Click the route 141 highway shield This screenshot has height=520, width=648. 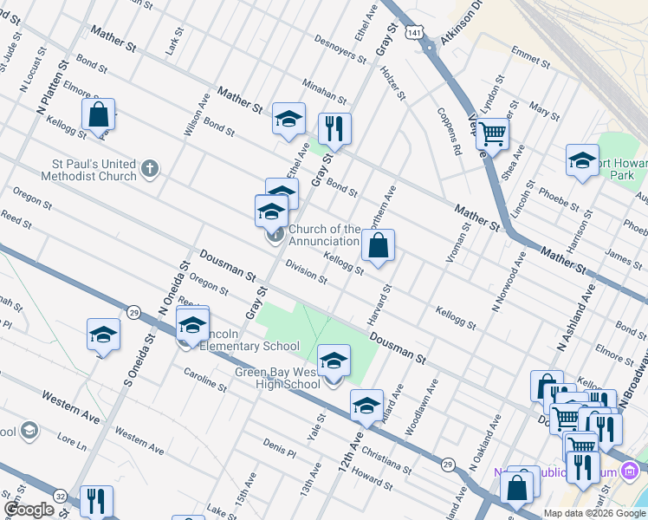coord(418,32)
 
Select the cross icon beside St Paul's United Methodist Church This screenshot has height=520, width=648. coord(150,168)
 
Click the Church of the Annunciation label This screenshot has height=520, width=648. coord(324,235)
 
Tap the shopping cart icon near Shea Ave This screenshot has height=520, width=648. coord(491,134)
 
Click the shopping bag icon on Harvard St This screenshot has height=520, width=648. coord(379,246)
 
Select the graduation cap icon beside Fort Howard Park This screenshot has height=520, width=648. coord(582,160)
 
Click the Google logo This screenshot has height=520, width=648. coord(29,510)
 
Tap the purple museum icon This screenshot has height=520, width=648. coord(630,471)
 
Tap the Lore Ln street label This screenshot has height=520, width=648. coord(71,444)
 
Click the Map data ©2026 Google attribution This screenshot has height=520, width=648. coord(594,513)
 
